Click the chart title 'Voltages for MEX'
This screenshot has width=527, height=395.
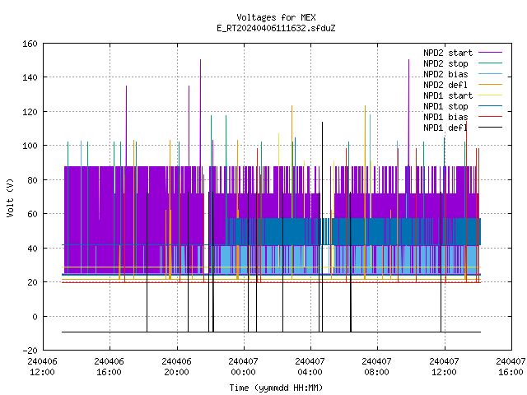coord(276,17)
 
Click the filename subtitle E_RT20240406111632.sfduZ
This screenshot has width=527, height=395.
coord(276,28)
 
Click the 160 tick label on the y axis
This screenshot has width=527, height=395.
coord(30,44)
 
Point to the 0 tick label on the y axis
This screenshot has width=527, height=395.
coord(35,317)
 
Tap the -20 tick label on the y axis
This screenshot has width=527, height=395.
coord(30,351)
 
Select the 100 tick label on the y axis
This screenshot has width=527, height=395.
coord(30,146)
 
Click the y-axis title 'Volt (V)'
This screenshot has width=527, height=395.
coord(11,197)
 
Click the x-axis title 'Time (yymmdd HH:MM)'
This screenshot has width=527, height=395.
coord(276,388)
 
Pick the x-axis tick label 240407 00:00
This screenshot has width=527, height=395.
coord(244,367)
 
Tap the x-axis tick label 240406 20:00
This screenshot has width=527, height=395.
coord(176,367)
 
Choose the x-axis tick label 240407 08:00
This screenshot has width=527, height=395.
coord(377,367)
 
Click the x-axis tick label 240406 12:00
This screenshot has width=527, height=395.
coord(42,367)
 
